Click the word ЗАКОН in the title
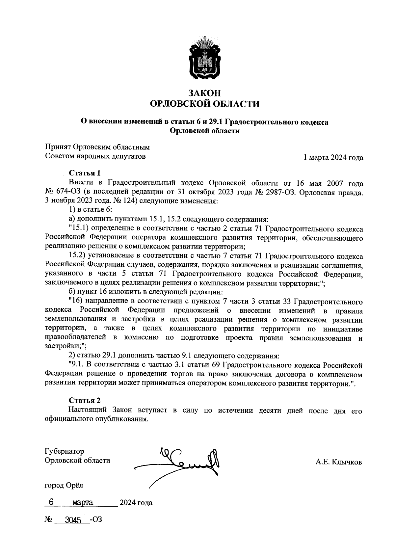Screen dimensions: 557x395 click(x=204, y=93)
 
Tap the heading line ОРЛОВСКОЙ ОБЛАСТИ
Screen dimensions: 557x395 click(x=204, y=104)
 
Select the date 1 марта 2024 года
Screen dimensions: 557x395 click(x=333, y=158)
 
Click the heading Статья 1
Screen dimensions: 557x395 click(x=84, y=173)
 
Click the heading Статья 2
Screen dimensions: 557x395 click(x=84, y=400)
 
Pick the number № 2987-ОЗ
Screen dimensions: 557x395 click(x=277, y=192)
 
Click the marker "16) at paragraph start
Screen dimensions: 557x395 click(x=75, y=301)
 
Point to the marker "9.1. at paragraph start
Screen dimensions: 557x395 click(x=77, y=365)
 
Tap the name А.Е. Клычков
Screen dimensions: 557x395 click(x=338, y=462)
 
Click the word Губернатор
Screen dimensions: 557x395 click(x=64, y=451)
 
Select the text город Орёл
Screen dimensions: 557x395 click(x=64, y=485)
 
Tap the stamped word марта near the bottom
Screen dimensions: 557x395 click(x=83, y=503)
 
